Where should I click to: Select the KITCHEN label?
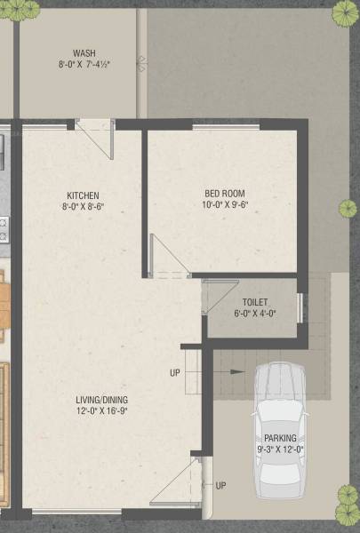(83, 195)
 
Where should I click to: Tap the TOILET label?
(250, 302)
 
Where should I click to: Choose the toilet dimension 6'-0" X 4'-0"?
(250, 313)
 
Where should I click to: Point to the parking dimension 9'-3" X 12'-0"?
(281, 449)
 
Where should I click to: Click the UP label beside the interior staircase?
(175, 372)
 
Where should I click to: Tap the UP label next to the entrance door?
(220, 485)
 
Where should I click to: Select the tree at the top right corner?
(345, 12)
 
